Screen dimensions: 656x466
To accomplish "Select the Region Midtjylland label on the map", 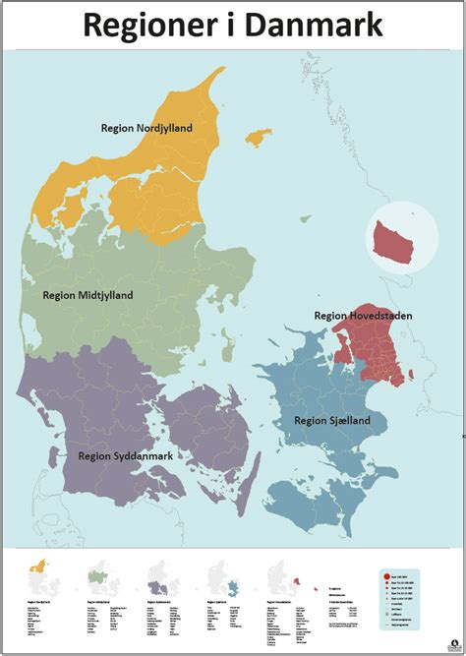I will coord(87,294).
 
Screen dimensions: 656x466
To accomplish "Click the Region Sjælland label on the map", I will coord(332,420).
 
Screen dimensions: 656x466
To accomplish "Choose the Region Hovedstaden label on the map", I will coord(363,316).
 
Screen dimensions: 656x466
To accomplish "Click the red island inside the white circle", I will coord(398,245).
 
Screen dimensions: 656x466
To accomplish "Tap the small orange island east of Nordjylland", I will coord(259,136).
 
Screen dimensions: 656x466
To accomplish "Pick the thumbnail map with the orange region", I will coord(39,571).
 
